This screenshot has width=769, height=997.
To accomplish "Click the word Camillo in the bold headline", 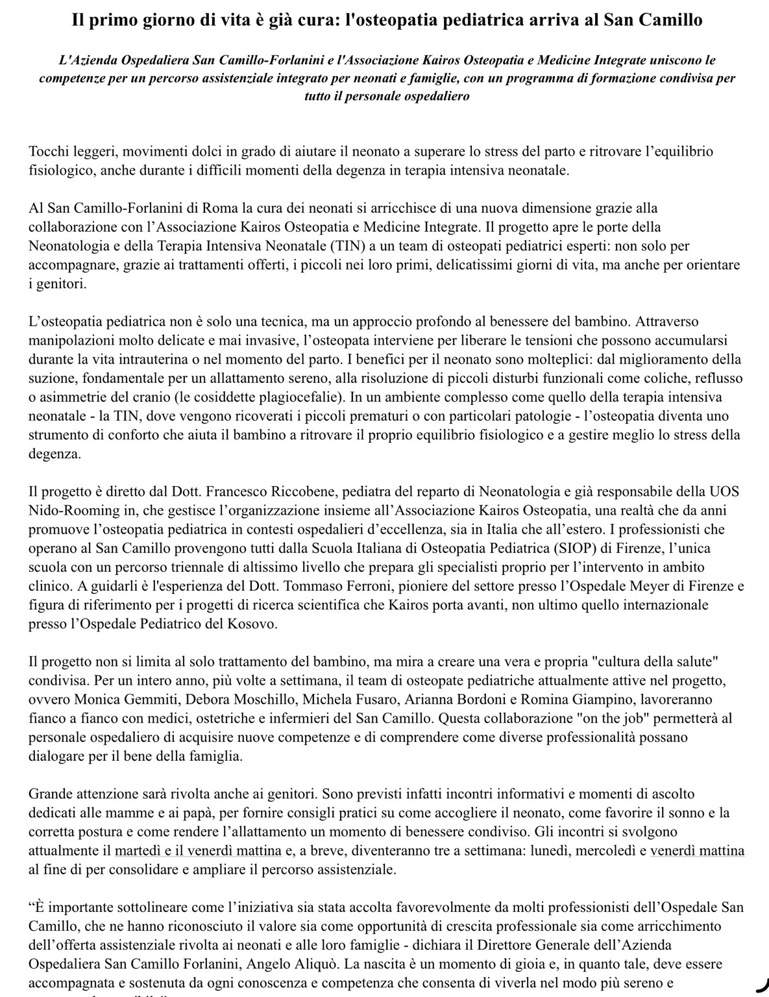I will coord(668,20).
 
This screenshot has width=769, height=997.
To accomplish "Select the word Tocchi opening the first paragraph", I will coord(47,152).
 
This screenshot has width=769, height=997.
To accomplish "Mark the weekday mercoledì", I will coord(604,850).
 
